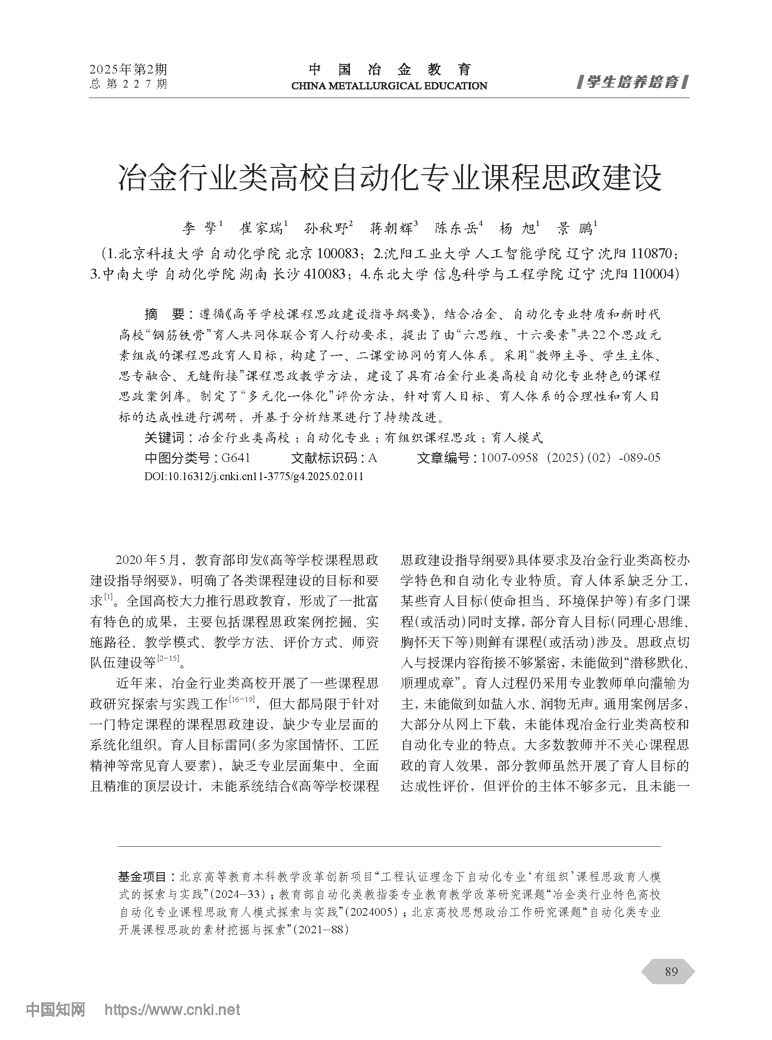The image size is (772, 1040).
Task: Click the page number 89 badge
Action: [x=671, y=971]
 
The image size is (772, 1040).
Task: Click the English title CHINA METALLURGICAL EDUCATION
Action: [x=389, y=86]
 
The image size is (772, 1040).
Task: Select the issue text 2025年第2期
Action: [x=128, y=69]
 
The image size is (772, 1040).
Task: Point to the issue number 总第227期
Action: [x=128, y=84]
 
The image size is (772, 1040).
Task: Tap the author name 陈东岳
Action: [x=456, y=228]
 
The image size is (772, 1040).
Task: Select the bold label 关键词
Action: [x=164, y=438]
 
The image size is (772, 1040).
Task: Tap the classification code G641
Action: [x=236, y=458]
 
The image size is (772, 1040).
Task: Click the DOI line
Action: [x=254, y=476]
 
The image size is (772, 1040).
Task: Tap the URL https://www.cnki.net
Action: [x=172, y=1010]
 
